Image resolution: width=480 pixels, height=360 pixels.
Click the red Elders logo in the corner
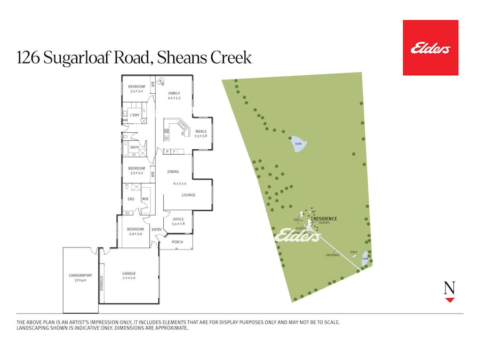coord(430,47)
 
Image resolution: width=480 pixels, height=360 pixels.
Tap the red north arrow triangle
coord(450,300)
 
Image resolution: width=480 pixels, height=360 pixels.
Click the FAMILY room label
coord(174,93)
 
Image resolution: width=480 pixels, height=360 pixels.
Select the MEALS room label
coord(201,131)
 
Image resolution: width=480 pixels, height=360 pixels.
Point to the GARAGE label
coord(129,273)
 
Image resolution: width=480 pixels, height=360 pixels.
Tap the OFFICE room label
coord(178,219)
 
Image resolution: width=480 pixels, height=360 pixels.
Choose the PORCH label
coord(178,242)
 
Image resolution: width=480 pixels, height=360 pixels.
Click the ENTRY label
coord(157,230)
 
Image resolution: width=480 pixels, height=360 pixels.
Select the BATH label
coord(134,148)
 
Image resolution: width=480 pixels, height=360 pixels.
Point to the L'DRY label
coord(134,115)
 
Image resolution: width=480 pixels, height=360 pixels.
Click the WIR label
coord(145,199)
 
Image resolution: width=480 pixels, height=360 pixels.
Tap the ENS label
coord(131,199)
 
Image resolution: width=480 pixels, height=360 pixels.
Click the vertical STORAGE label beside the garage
coord(102,283)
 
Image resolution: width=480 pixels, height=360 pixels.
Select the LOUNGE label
coord(188,195)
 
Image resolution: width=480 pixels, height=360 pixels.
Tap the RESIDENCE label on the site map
coord(325,219)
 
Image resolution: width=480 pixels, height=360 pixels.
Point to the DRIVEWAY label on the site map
coord(333,255)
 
